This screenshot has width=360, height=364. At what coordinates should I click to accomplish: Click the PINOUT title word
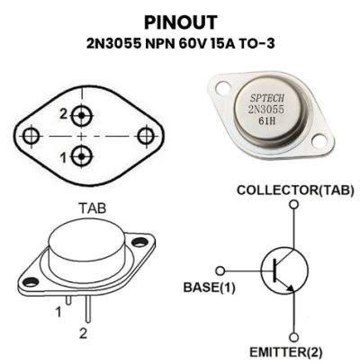click(x=181, y=22)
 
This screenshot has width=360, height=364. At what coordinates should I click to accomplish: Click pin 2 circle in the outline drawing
click(x=81, y=115)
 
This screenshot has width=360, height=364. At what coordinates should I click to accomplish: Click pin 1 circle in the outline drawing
click(x=81, y=156)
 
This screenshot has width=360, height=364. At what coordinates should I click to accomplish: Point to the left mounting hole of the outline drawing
click(x=31, y=136)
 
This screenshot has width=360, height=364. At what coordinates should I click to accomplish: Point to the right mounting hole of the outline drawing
click(x=146, y=136)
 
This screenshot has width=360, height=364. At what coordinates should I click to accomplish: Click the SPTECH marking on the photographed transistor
click(x=267, y=98)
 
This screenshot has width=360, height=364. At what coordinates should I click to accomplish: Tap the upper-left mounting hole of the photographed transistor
click(x=223, y=87)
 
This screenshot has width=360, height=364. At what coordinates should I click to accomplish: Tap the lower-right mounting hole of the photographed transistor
click(x=319, y=141)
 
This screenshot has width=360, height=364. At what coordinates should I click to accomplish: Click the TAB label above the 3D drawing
click(x=93, y=209)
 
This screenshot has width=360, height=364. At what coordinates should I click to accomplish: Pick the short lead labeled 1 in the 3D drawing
click(x=68, y=300)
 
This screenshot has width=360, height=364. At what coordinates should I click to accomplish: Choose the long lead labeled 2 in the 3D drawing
click(x=87, y=309)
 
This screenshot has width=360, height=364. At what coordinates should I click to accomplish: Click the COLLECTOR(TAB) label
click(x=295, y=191)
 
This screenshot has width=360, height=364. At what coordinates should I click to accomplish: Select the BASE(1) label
click(x=210, y=288)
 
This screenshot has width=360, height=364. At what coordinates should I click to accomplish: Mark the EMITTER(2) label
click(x=286, y=352)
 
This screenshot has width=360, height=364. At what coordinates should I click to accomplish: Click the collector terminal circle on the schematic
click(x=294, y=204)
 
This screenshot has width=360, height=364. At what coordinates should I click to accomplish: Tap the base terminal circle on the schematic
click(x=220, y=271)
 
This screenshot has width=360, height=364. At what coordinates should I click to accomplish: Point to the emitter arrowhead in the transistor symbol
click(x=291, y=288)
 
